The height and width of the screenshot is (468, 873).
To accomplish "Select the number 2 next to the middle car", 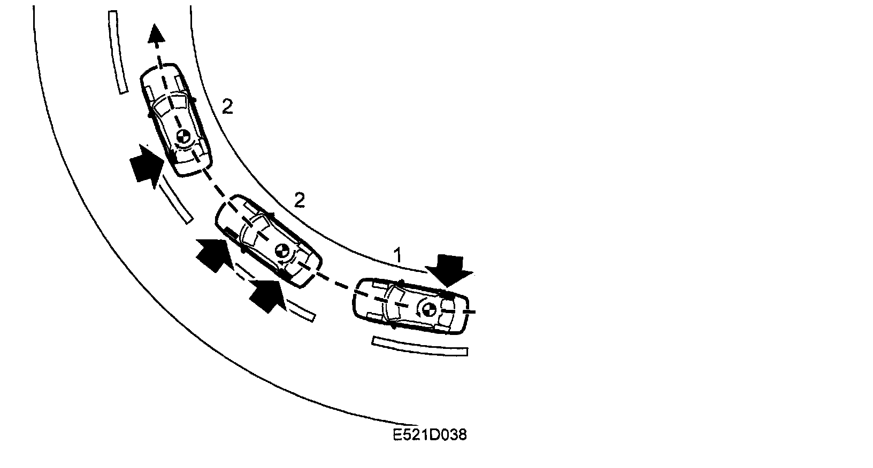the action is pos(300,201).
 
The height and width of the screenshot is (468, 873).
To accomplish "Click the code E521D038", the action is pos(430,435).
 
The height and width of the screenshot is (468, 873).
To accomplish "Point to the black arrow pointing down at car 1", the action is pos(453,270).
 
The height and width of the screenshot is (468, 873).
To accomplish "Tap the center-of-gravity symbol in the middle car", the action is pos(282,250).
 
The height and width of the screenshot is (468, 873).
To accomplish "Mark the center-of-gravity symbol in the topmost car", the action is pos(182,137).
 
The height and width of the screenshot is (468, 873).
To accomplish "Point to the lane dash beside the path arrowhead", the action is pos(118,52).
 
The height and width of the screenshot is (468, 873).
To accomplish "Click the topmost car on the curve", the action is pos(176,120).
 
